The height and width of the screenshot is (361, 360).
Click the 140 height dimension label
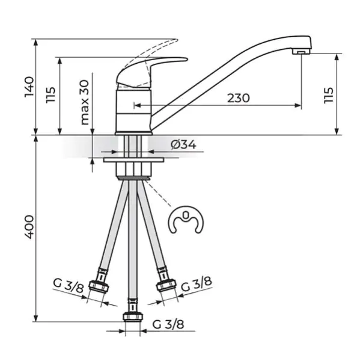tap(29, 87)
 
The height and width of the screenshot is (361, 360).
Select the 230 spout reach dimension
tap(239, 98)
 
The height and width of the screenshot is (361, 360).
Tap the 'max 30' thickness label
tap(85, 102)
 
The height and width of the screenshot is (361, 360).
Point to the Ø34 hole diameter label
tap(183, 145)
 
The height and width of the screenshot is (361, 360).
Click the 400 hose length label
tap(29, 227)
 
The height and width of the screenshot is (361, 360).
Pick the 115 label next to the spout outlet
tap(329, 95)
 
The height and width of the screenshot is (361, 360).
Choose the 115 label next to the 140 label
tap(51, 95)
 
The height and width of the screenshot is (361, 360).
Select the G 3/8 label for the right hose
tap(196, 284)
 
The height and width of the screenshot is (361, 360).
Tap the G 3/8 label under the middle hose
tap(168, 325)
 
